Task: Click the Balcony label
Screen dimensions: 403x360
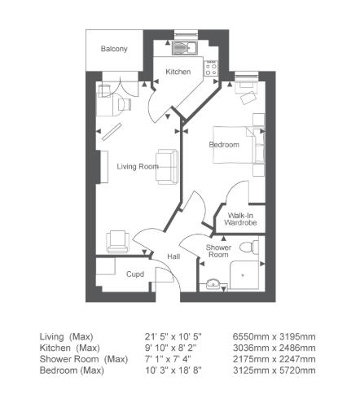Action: (x=114, y=50)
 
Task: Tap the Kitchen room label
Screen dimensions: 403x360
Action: (x=178, y=72)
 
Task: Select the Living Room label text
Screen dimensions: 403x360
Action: (x=137, y=167)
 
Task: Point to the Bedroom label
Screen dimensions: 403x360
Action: (x=224, y=145)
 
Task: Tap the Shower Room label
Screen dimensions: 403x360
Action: (x=218, y=251)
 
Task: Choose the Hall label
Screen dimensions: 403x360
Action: (x=173, y=257)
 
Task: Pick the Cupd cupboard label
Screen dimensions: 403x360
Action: (x=135, y=274)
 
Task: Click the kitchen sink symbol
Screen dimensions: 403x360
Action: (x=181, y=47)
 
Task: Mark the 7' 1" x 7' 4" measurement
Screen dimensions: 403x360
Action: (x=161, y=359)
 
